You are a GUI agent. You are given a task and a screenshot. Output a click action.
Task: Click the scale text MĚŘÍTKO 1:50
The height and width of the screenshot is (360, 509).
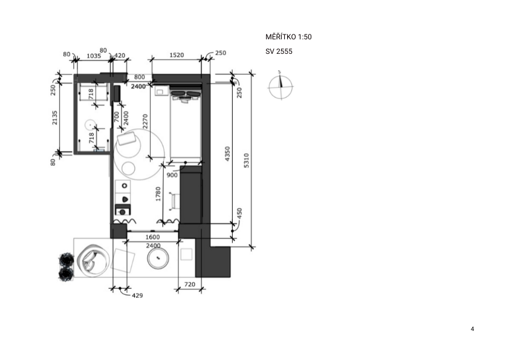point(288,37)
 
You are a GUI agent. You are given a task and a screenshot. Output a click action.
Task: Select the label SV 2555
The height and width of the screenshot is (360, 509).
point(279,51)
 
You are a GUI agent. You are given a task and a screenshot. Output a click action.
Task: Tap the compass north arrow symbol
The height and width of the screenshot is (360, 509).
point(280,86)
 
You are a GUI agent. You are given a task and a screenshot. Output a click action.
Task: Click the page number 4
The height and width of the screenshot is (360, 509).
point(472,329)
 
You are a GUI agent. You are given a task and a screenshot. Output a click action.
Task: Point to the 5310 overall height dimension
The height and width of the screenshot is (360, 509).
point(247,160)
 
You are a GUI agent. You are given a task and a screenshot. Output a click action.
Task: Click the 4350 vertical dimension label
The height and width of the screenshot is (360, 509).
point(227,153)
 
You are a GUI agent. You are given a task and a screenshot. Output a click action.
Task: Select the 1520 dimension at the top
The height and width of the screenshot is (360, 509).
point(177,55)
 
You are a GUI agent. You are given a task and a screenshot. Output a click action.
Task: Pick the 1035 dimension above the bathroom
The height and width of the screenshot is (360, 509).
point(94,56)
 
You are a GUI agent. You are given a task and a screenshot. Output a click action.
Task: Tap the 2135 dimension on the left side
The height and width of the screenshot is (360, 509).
point(54,117)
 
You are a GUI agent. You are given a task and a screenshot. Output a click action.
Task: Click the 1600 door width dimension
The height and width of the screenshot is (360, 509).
point(152,237)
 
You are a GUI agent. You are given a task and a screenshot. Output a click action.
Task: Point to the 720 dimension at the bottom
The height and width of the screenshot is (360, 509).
point(190,284)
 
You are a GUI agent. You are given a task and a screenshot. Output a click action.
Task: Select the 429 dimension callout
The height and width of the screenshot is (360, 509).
point(137,295)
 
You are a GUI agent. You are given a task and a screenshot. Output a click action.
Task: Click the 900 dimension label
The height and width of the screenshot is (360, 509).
point(172,175)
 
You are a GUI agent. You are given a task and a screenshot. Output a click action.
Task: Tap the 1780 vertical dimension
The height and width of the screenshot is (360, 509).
point(158,194)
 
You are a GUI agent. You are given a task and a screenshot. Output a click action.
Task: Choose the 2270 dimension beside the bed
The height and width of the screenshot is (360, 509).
point(145,121)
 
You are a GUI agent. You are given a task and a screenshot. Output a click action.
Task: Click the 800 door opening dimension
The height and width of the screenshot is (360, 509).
point(139,77)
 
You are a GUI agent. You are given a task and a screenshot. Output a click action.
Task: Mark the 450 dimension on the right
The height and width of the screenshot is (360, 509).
point(239,214)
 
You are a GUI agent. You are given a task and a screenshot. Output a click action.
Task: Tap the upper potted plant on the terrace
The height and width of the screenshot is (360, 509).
point(66,260)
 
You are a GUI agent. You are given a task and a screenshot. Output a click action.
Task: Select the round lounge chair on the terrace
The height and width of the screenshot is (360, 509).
point(92,260)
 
